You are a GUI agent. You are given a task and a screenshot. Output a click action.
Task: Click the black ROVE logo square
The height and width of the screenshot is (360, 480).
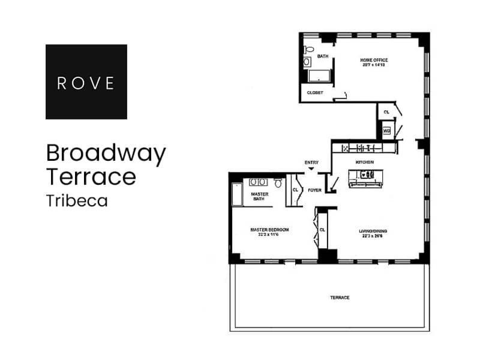pyautogui.click(x=86, y=82)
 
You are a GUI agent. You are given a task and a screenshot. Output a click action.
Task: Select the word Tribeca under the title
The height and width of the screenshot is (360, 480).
pyautogui.click(x=77, y=201)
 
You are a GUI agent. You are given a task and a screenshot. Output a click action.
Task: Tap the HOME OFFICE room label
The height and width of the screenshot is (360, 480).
pyautogui.click(x=374, y=60)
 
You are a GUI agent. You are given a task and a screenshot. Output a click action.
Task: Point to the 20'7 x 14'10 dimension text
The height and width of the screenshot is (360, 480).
pyautogui.click(x=374, y=65)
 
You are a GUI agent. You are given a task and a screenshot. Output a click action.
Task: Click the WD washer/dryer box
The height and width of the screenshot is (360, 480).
pyautogui.click(x=386, y=130)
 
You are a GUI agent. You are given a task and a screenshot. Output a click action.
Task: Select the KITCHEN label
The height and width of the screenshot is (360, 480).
pyautogui.click(x=365, y=163)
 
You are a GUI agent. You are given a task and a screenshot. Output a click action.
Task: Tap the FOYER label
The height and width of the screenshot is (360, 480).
pyautogui.click(x=314, y=190)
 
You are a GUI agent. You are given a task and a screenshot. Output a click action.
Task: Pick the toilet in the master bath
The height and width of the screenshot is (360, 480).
pyautogui.click(x=278, y=182)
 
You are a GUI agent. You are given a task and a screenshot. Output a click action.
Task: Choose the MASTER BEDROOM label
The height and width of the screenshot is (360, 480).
pyautogui.click(x=269, y=229)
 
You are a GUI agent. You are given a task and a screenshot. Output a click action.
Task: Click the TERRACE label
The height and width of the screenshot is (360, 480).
pyautogui.click(x=340, y=298)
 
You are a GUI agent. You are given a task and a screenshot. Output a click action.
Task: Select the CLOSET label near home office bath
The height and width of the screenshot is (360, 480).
pyautogui.click(x=315, y=92)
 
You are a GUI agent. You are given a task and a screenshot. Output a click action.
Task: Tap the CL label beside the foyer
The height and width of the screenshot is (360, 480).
pyautogui.click(x=295, y=190)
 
